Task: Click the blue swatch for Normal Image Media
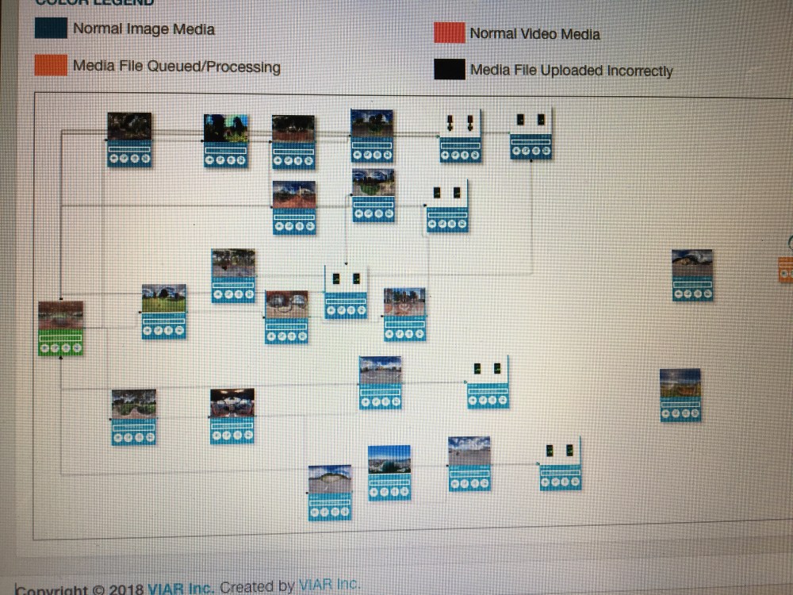[51, 28]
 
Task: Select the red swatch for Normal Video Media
[449, 33]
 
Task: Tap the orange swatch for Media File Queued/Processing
[51, 65]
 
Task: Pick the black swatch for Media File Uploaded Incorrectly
[449, 70]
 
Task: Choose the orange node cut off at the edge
[786, 270]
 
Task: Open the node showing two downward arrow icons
[461, 136]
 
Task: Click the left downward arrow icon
[450, 122]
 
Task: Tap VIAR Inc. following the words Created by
[329, 585]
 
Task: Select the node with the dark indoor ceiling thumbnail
[232, 416]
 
